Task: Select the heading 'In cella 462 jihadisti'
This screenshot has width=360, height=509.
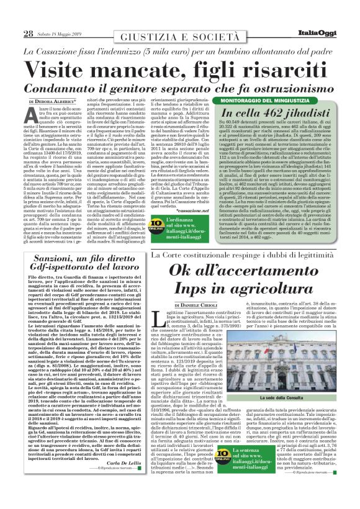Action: tap(271, 114)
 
